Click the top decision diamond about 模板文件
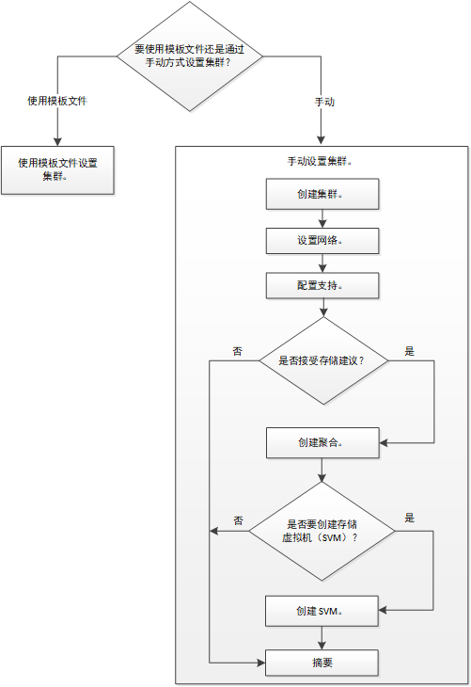(x=190, y=56)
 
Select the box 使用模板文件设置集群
(x=57, y=170)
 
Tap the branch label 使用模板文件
(x=57, y=101)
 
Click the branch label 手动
(x=324, y=102)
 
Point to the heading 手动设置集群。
(x=320, y=161)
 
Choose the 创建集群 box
(x=322, y=194)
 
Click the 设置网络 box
(x=322, y=241)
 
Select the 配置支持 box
(x=322, y=286)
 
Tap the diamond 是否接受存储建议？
(x=323, y=360)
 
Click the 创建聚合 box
(x=322, y=442)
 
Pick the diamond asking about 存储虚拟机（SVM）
(x=322, y=531)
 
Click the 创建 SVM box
(x=322, y=611)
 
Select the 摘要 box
(x=322, y=663)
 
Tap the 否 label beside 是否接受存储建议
(x=237, y=351)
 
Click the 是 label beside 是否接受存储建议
(x=409, y=351)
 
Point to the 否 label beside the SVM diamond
(x=238, y=520)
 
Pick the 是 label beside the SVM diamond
(x=409, y=518)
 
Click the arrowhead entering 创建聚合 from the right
(x=384, y=443)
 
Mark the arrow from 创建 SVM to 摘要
(x=322, y=638)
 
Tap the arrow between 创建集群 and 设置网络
(x=322, y=218)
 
